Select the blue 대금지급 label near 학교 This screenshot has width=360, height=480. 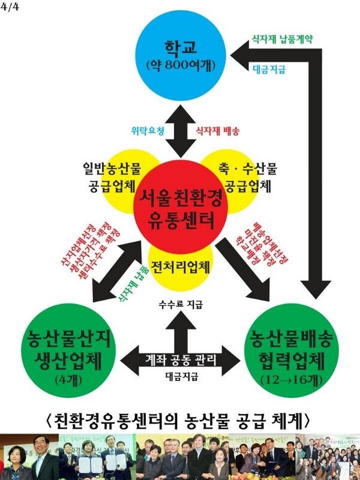268,70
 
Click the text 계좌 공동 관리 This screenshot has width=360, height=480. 181,359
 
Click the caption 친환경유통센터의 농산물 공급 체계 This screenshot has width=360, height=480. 180,417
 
